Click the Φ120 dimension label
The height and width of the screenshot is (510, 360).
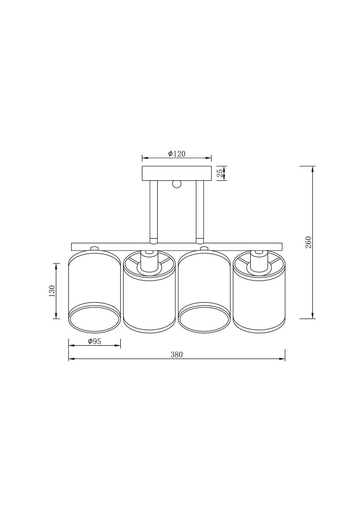(177, 154)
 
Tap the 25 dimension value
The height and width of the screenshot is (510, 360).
(220, 173)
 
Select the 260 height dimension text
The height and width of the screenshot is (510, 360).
(308, 242)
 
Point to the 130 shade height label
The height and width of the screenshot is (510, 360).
(52, 291)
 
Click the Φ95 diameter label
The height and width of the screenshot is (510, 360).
(95, 341)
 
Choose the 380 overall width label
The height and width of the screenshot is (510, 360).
(177, 355)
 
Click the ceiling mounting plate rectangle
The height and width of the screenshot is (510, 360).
(176, 173)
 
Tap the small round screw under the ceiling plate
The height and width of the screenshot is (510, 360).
(177, 184)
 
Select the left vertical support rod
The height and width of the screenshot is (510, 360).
(154, 211)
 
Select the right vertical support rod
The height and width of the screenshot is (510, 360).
(200, 211)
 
